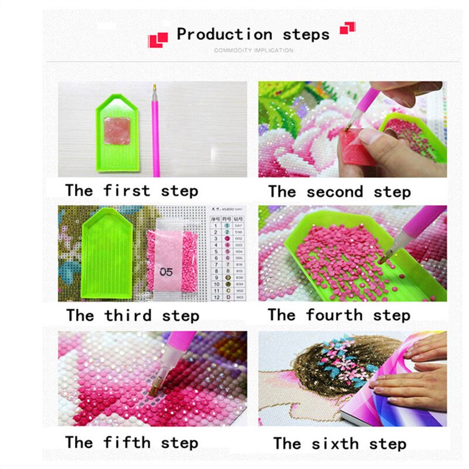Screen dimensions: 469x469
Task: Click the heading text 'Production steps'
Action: (253, 35)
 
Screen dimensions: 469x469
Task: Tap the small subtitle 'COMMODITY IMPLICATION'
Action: (253, 50)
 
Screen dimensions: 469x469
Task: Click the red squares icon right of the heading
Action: (348, 27)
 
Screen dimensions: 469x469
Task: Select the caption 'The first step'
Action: (131, 191)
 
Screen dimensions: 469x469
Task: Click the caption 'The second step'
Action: (339, 192)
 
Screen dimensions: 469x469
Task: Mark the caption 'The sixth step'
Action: (339, 443)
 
